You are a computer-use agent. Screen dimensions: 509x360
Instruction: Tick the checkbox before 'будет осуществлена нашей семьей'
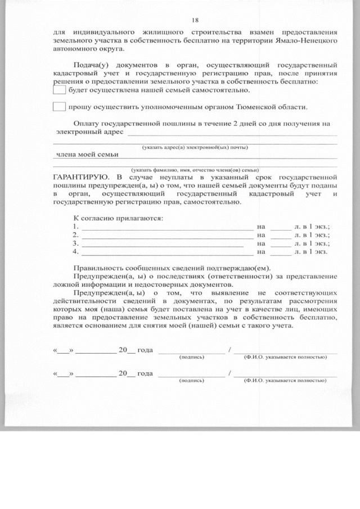59,89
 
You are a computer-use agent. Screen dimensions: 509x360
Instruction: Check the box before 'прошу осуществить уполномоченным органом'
59,107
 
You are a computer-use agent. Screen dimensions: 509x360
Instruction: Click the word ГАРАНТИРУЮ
78,176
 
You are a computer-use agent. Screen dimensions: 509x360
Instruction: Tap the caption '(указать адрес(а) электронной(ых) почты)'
195,147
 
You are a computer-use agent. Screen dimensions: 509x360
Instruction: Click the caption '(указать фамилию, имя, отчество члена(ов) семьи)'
195,169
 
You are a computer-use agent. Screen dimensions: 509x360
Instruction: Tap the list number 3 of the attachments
75,244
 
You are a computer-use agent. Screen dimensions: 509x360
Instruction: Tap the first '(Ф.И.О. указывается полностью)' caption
285,357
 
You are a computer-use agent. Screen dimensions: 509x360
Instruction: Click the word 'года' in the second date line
145,373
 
